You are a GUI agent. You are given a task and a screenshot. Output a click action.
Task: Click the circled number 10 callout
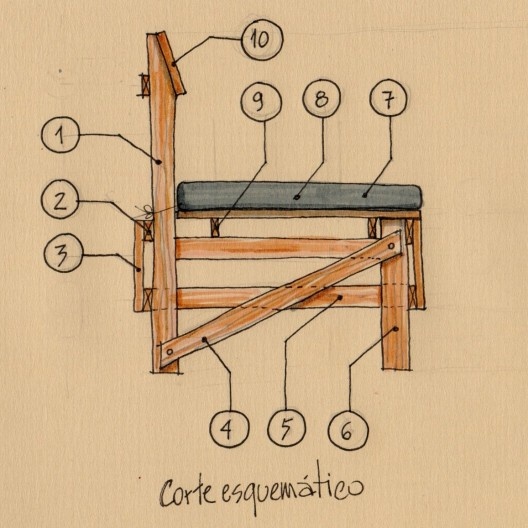[x=262, y=40]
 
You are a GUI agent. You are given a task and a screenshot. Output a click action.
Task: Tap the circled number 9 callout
[x=261, y=102]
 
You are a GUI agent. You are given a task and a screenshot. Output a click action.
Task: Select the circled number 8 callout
[x=321, y=98]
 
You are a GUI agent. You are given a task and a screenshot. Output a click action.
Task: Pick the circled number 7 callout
[x=388, y=98]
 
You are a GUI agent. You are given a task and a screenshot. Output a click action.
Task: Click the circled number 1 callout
[x=61, y=135]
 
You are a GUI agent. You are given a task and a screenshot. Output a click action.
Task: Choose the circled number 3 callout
[x=64, y=253]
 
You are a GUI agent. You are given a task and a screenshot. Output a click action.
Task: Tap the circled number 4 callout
[x=229, y=429]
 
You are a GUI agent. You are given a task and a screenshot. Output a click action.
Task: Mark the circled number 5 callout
[x=287, y=428]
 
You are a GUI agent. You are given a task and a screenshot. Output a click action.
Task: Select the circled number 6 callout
[x=348, y=430]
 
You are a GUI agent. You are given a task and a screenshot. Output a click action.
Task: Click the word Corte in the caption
[x=187, y=492]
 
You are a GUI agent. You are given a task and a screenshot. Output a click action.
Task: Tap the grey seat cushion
[x=300, y=196]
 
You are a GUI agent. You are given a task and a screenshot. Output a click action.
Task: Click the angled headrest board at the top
[x=171, y=63]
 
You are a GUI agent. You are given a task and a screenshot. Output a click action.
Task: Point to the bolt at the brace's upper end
[x=391, y=246]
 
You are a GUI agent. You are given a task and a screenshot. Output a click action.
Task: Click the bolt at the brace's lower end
[x=170, y=352]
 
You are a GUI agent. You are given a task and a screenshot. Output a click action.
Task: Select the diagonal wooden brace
[x=280, y=299]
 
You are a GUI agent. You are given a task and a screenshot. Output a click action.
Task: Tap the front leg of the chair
[x=396, y=294]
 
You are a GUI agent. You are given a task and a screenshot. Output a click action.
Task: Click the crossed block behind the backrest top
[x=145, y=85]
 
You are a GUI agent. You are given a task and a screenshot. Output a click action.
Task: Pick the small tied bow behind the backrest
[x=142, y=211]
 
